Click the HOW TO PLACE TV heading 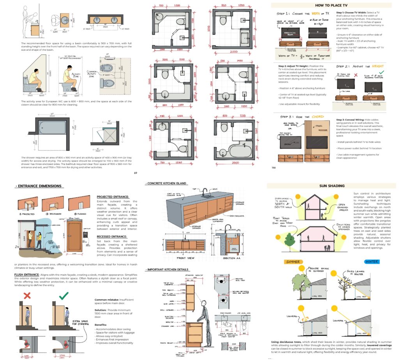coord(331,5)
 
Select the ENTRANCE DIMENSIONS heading coord(39,186)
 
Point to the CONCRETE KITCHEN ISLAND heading coord(166,183)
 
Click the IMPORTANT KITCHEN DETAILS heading coord(168,269)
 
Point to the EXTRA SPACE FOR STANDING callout coord(81,323)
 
